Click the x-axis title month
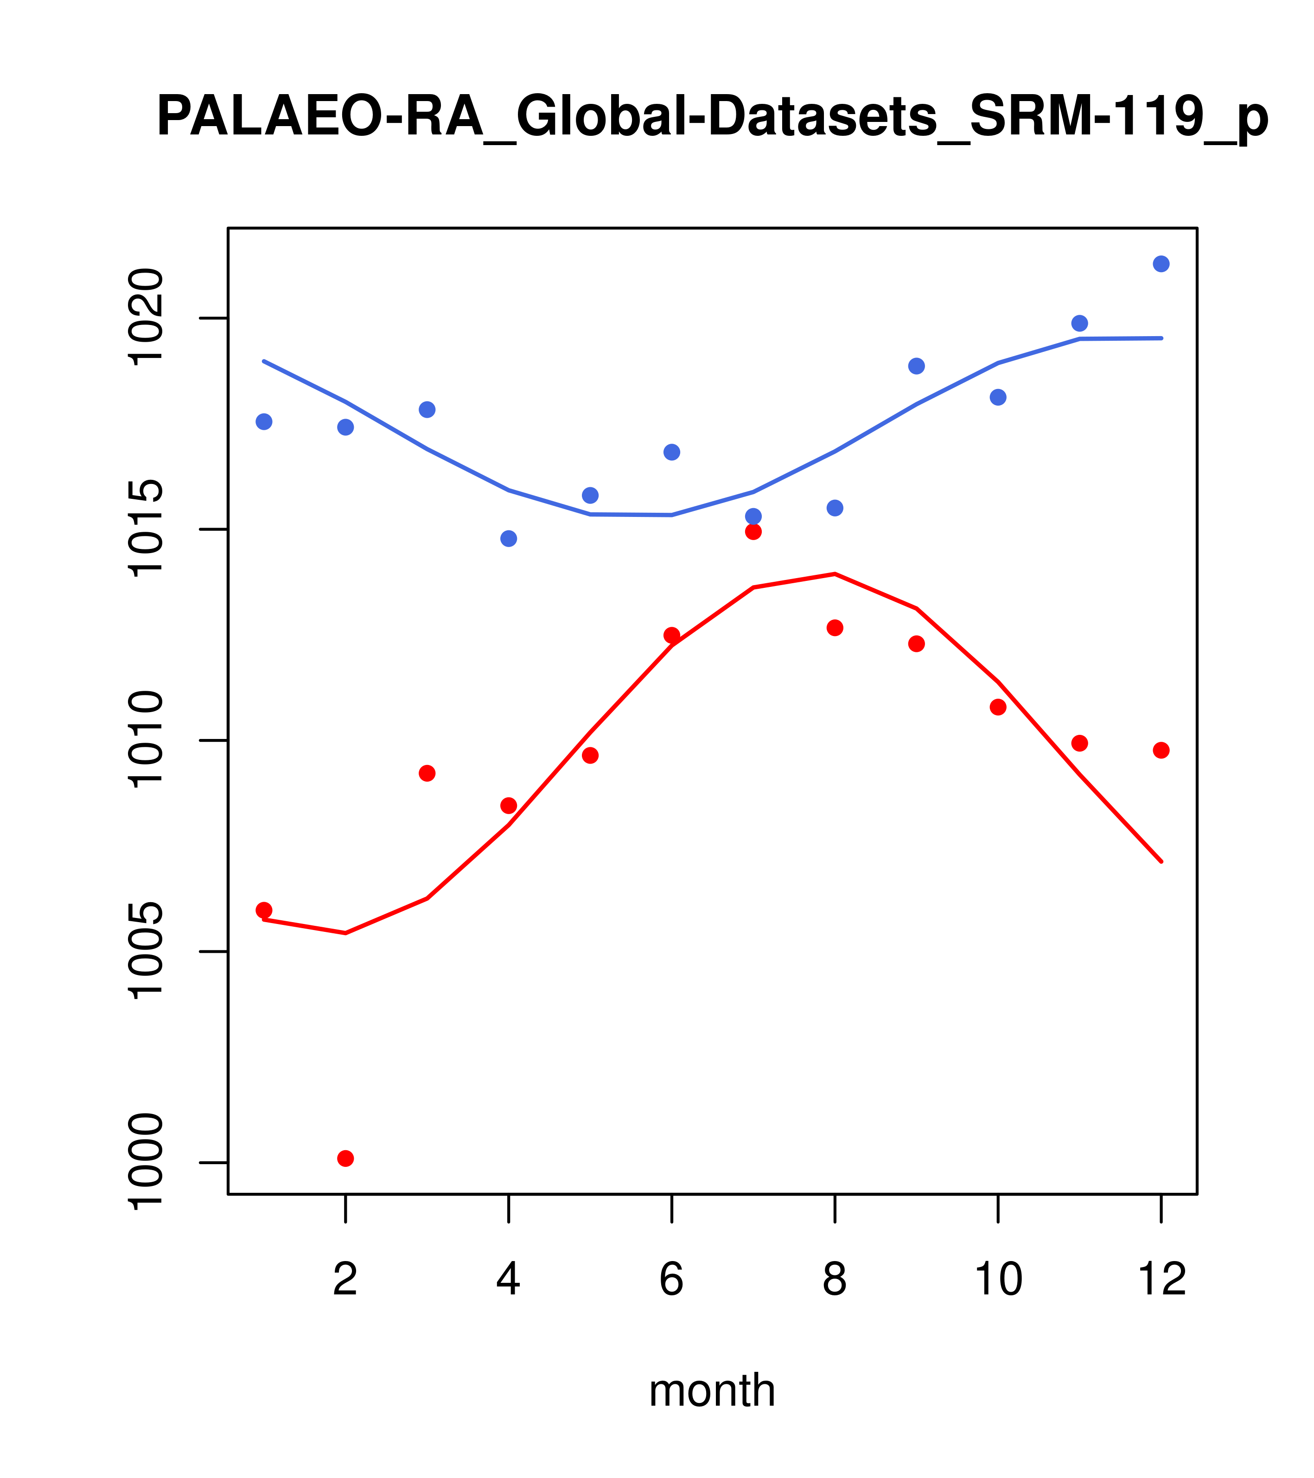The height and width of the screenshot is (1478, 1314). (x=712, y=1390)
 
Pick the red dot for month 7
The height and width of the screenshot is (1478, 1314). (x=753, y=531)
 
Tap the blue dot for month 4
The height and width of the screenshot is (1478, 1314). (x=509, y=539)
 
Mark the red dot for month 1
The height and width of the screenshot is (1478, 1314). (x=264, y=910)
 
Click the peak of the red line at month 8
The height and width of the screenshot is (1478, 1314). (x=835, y=573)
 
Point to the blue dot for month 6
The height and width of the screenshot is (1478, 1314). (x=672, y=452)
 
